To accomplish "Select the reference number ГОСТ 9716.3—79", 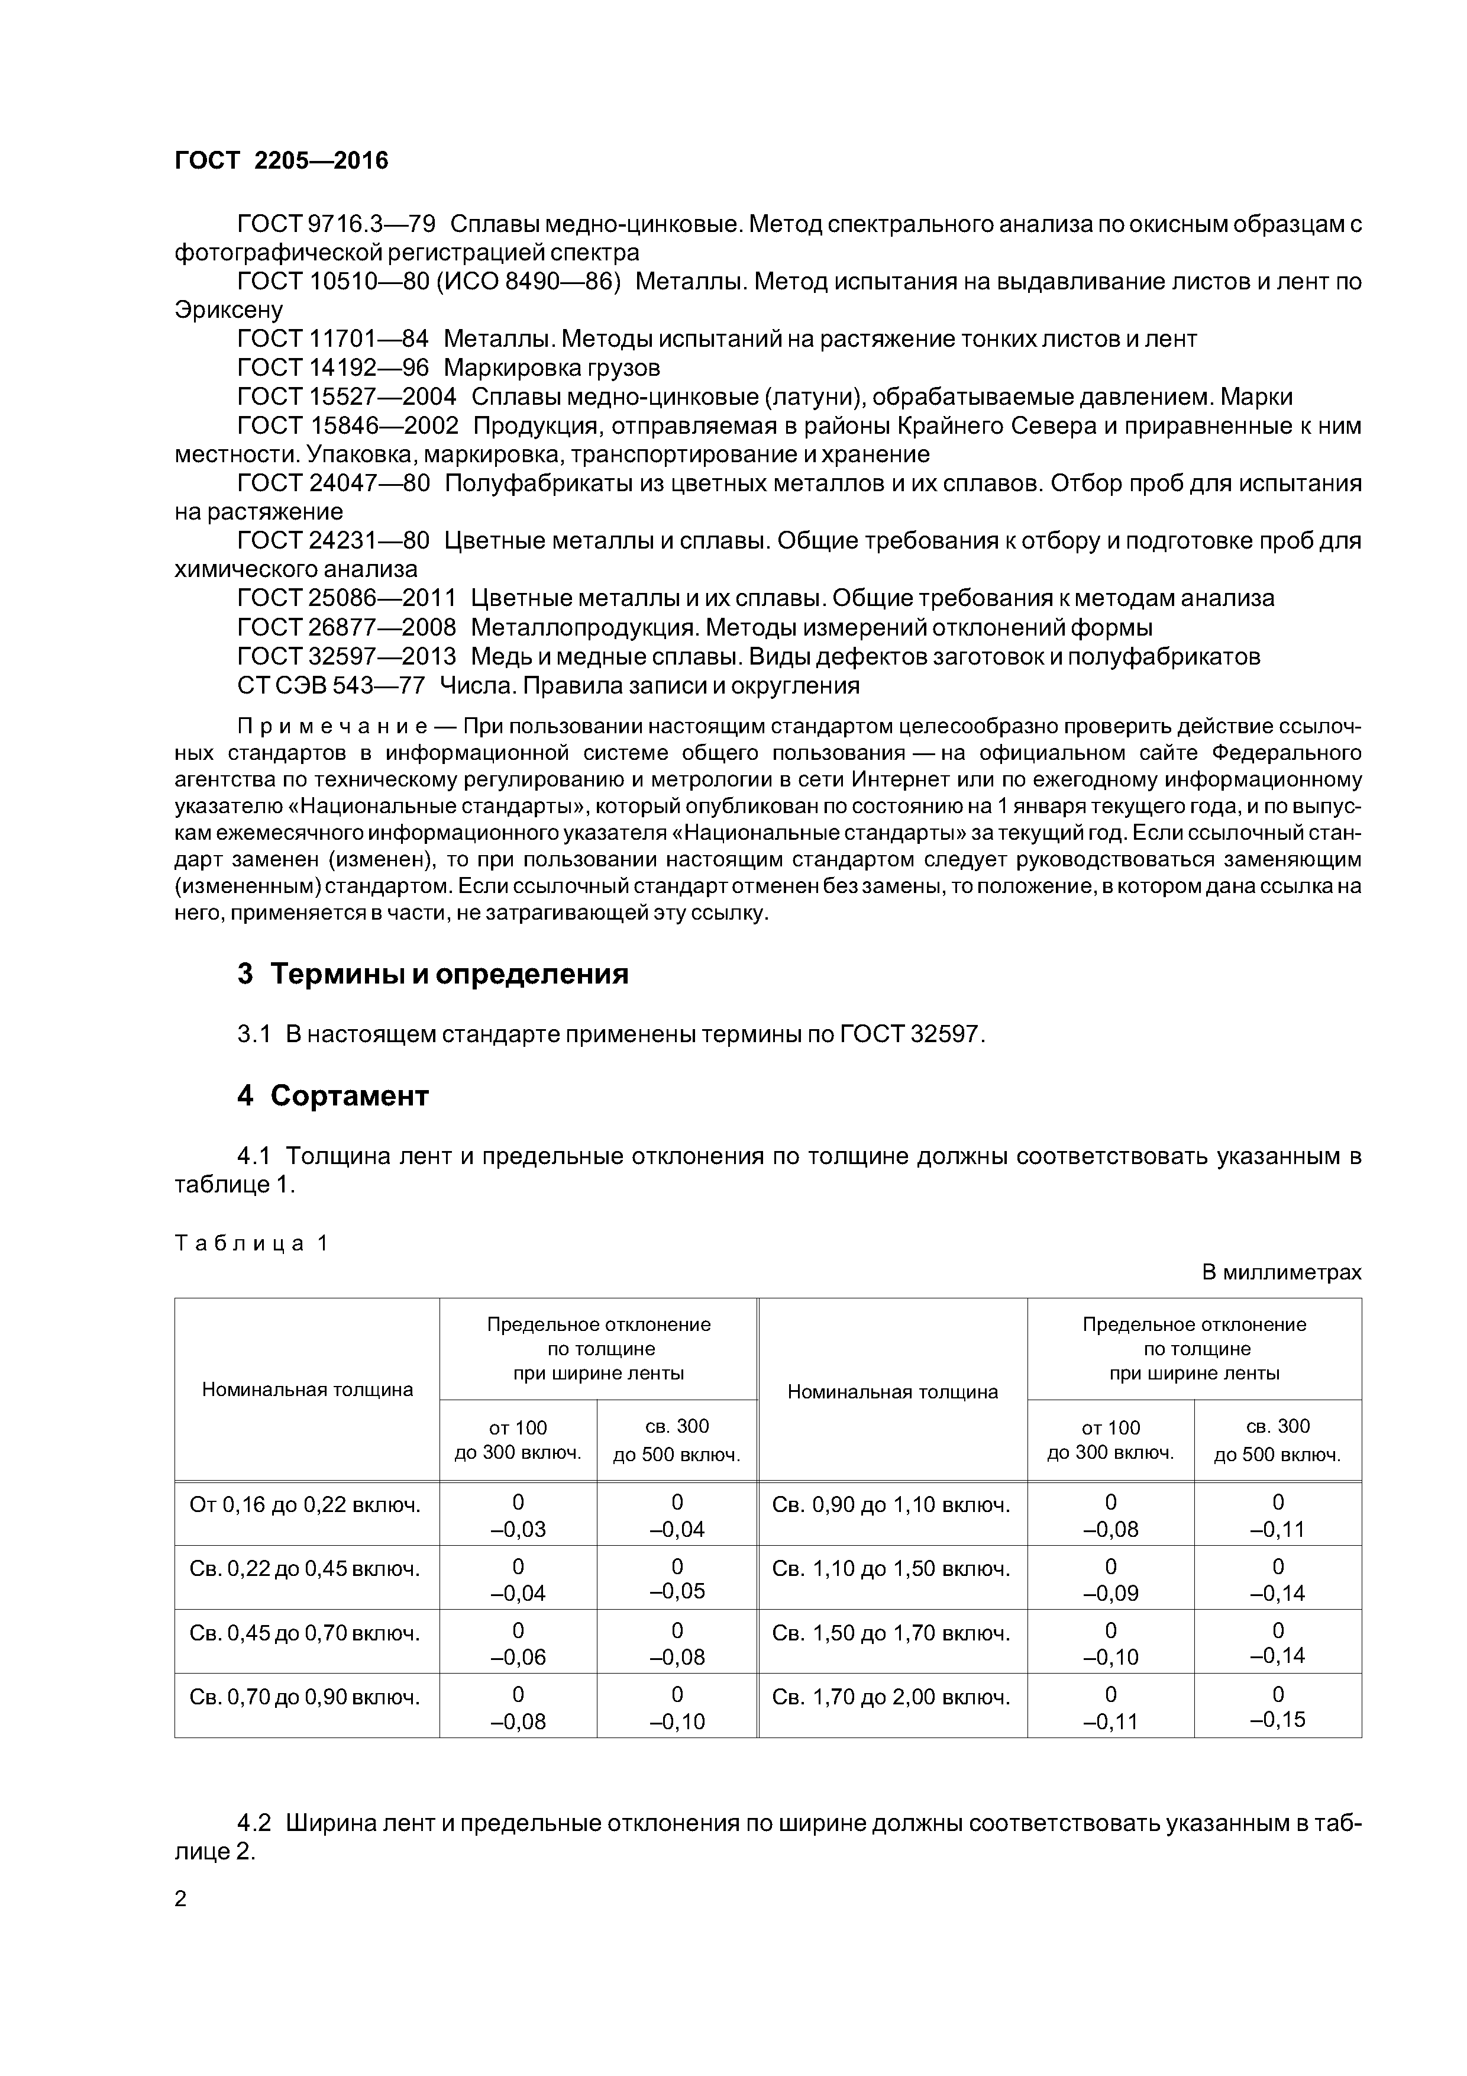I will [336, 223].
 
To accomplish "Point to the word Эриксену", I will [229, 310].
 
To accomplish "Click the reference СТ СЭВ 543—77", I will [331, 685].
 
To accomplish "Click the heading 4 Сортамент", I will [332, 1096].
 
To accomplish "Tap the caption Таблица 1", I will [250, 1243].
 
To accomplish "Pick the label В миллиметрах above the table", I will [1281, 1272].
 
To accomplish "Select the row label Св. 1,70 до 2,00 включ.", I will [890, 1698].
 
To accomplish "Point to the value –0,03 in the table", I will [518, 1530].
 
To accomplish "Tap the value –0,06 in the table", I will [518, 1658].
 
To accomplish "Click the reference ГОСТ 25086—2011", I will [346, 598].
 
